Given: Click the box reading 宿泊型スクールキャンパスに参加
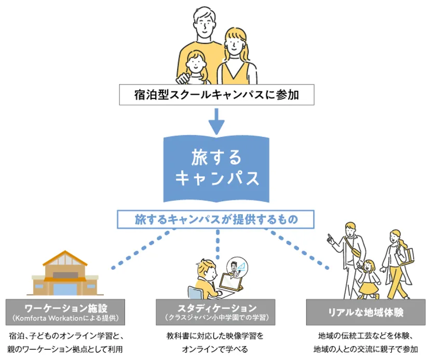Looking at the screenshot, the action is pyautogui.click(x=216, y=95).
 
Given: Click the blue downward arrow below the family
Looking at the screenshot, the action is pyautogui.click(x=216, y=121).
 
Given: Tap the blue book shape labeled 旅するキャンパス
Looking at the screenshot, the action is pyautogui.click(x=216, y=169).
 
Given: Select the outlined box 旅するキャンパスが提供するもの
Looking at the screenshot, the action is pyautogui.click(x=216, y=219).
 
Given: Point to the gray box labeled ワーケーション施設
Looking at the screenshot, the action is pyautogui.click(x=65, y=312).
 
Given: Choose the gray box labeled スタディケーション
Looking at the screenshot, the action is pyautogui.click(x=215, y=312).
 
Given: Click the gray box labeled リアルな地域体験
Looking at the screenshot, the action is pyautogui.click(x=365, y=312).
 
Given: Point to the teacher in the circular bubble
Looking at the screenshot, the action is pyautogui.click(x=236, y=268).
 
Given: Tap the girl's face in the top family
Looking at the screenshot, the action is pyautogui.click(x=196, y=64).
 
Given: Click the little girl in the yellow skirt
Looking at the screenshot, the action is pyautogui.click(x=369, y=280).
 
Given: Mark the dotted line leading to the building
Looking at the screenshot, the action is pyautogui.click(x=143, y=249).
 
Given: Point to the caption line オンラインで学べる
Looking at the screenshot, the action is pyautogui.click(x=215, y=349).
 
